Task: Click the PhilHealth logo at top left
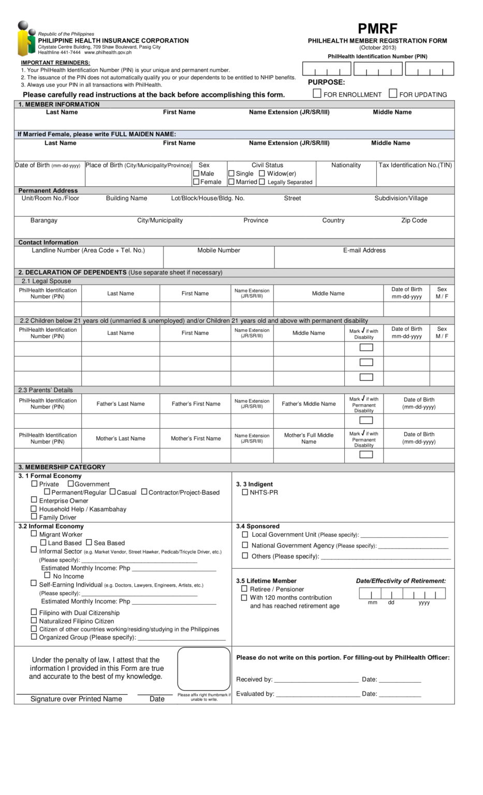(26, 39)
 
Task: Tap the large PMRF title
(377, 28)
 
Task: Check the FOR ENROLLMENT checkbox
(317, 94)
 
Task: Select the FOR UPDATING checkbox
(393, 94)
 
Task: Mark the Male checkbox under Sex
(196, 173)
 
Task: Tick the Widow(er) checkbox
(262, 173)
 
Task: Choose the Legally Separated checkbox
(262, 182)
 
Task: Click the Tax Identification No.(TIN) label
(415, 165)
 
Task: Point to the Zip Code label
(414, 220)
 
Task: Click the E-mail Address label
(364, 251)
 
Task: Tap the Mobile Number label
(218, 251)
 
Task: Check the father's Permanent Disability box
(366, 420)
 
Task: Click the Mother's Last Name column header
(120, 438)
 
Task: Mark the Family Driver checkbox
(34, 516)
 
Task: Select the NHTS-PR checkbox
(245, 492)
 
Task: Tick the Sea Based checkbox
(89, 542)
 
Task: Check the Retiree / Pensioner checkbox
(244, 588)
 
